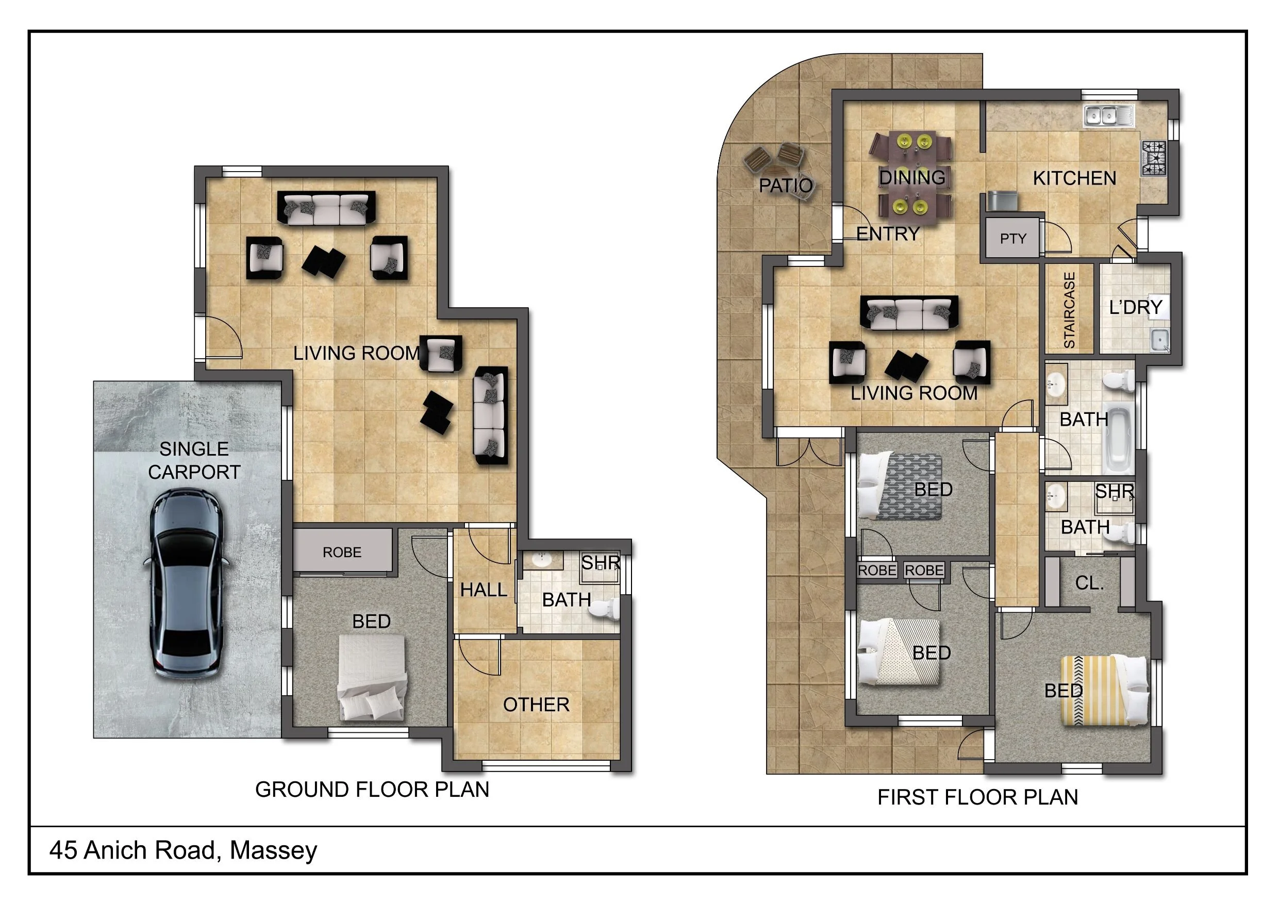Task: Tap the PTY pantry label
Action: point(1012,239)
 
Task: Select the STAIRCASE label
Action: point(1069,310)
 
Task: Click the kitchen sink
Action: point(1108,115)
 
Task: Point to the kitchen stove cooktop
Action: point(1154,158)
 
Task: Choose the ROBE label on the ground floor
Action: point(342,553)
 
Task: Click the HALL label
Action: point(484,589)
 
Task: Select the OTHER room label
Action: point(537,705)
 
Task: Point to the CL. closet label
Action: point(1089,583)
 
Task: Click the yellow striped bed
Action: point(1105,691)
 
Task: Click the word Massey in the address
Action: point(274,850)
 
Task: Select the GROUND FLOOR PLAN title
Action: point(372,789)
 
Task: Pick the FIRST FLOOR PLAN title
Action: point(977,797)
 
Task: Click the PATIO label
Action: point(786,186)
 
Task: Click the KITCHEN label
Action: point(1074,178)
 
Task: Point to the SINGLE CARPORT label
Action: point(194,460)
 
